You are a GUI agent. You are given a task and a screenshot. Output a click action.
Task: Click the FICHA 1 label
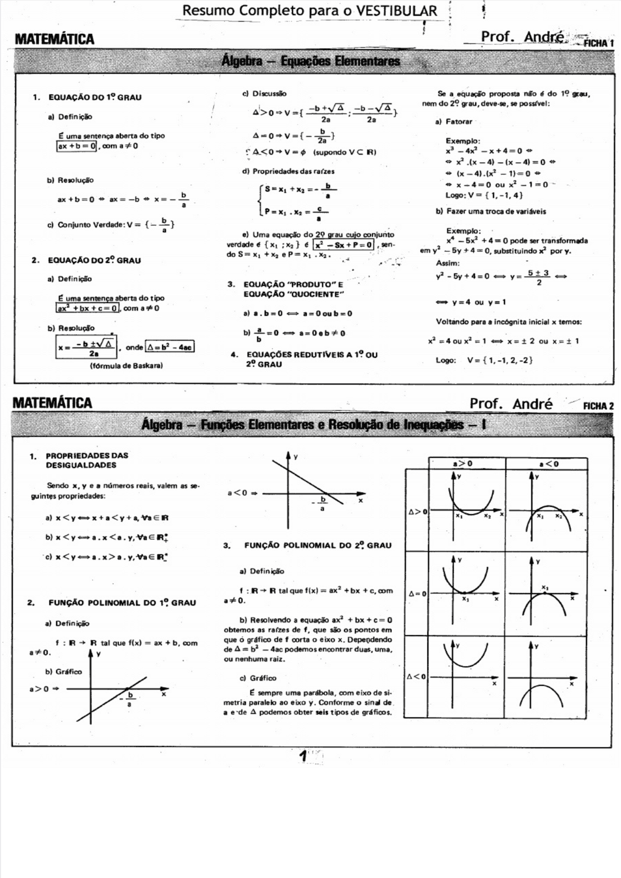point(598,43)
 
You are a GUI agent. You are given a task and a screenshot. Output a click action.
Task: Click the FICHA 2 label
point(598,406)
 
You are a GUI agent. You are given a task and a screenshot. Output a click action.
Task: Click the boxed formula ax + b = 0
point(77,146)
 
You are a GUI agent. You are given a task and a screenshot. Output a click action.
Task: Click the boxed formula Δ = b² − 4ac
point(170,347)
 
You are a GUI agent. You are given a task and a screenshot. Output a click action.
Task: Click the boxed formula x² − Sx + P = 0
point(343,245)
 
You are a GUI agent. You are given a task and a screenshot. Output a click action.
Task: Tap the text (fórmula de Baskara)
point(126,365)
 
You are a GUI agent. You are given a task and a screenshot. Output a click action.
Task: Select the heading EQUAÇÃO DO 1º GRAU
point(95,97)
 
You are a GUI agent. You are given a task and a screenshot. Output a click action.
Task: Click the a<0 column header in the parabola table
point(549,463)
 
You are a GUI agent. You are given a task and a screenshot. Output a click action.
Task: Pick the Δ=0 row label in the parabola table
point(417,593)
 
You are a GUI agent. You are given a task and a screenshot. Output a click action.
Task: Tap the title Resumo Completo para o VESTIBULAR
point(310,10)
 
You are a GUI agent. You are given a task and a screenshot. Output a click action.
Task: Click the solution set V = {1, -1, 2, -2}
point(500,360)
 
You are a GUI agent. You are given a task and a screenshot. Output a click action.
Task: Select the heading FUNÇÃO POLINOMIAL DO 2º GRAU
point(317,545)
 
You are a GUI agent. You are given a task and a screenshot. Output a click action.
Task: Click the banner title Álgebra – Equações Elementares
point(310,61)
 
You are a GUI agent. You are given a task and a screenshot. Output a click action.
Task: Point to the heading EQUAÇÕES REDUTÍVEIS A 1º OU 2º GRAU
point(310,359)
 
